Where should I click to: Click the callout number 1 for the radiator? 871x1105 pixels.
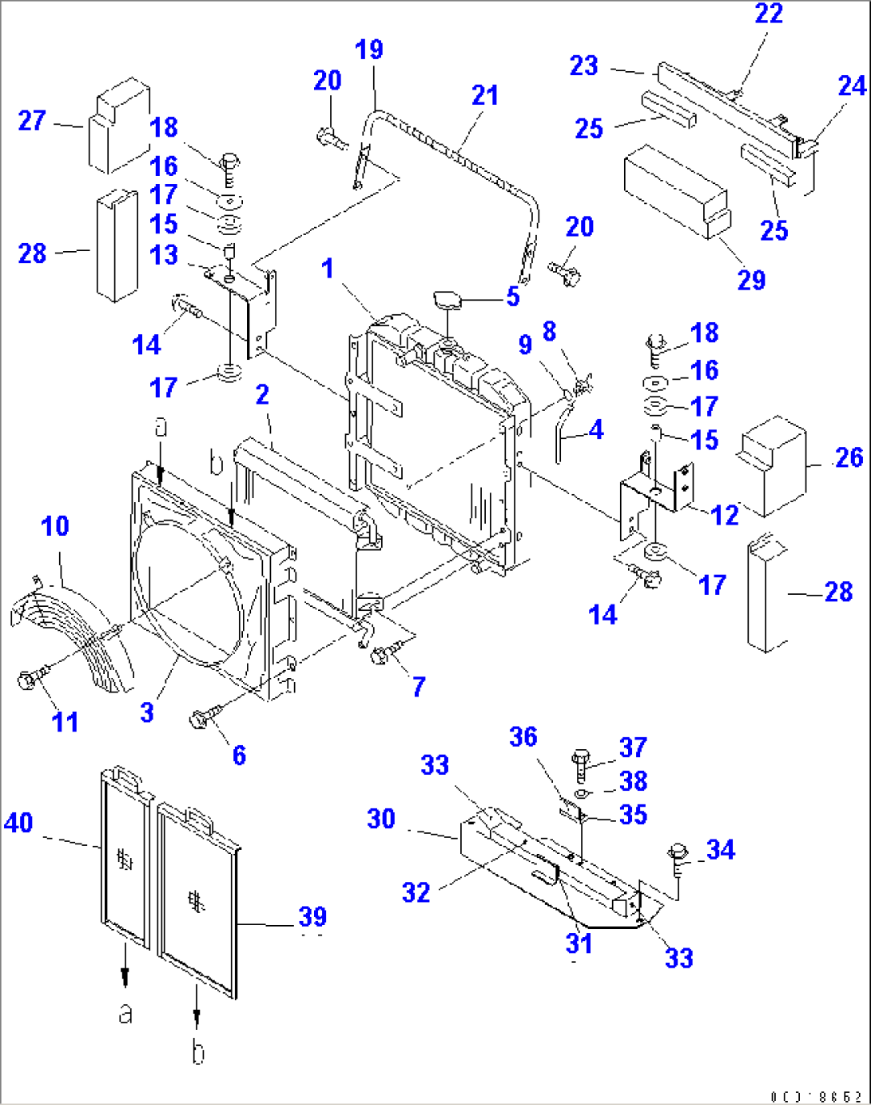(x=328, y=269)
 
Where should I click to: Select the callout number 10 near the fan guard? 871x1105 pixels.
(x=55, y=526)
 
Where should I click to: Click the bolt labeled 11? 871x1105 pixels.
(x=27, y=680)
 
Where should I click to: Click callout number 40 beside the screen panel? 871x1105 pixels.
(x=18, y=823)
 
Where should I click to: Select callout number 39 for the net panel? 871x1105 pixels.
(x=312, y=916)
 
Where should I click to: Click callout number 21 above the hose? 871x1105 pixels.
(x=485, y=96)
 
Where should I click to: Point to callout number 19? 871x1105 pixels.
(x=369, y=50)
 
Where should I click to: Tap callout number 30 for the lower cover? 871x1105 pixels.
(x=381, y=819)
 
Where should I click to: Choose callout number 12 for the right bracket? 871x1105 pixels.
(x=725, y=516)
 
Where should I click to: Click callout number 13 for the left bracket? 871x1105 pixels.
(x=164, y=255)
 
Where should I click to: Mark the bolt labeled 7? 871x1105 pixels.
(x=380, y=656)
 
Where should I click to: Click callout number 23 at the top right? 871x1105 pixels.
(x=583, y=66)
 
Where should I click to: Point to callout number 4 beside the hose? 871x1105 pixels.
(x=596, y=430)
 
